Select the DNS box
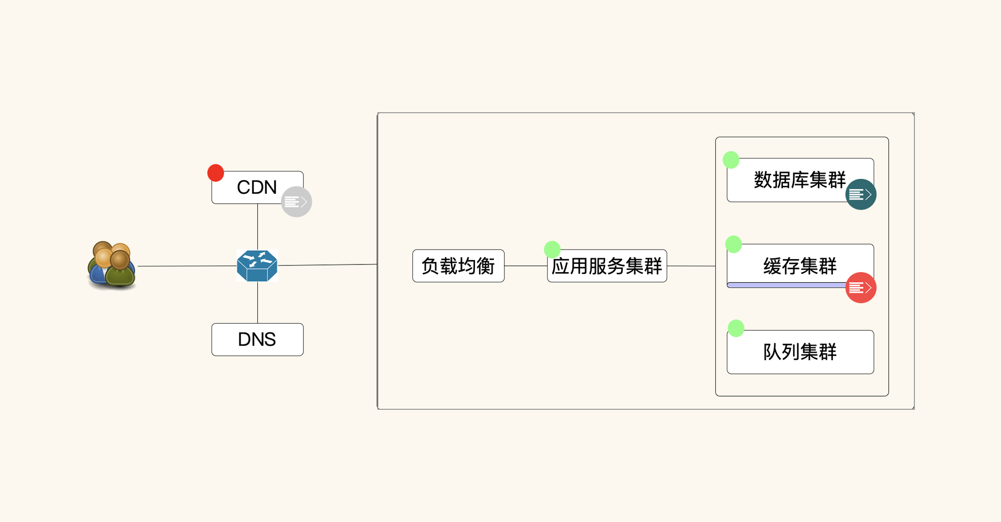[257, 340]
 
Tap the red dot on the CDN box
[216, 173]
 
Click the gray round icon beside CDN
[296, 202]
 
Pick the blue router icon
[257, 266]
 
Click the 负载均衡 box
[458, 266]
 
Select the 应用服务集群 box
[607, 266]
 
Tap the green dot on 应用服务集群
[552, 249]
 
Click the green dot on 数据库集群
[731, 160]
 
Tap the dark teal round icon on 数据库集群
[861, 194]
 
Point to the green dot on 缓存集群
[734, 244]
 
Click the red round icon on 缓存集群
[861, 288]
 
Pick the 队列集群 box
[800, 352]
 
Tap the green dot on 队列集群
[736, 328]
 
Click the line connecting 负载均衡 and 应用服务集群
[526, 266]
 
